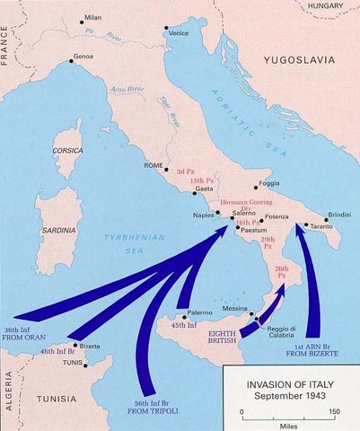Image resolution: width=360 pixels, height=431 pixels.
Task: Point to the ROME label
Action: pyautogui.click(x=154, y=167)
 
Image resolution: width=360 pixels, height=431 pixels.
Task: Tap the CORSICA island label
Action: pyautogui.click(x=68, y=150)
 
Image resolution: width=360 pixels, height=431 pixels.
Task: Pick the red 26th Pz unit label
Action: pyautogui.click(x=281, y=270)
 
